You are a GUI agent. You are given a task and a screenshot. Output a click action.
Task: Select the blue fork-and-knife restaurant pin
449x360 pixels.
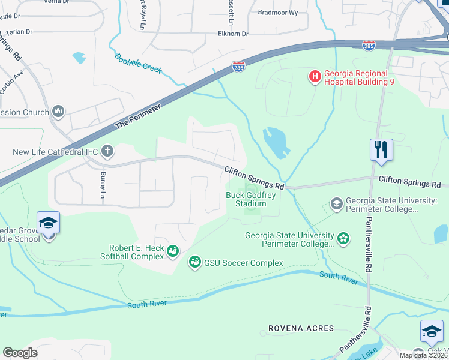click(x=381, y=150)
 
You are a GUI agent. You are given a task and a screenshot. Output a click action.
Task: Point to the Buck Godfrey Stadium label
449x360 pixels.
click(x=246, y=199)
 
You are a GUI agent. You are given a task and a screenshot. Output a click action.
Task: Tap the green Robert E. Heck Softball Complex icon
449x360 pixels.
click(x=173, y=251)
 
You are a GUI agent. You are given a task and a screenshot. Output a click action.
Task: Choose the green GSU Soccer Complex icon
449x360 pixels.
click(x=194, y=262)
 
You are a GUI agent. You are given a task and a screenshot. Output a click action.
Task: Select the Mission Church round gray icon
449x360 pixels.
click(x=58, y=111)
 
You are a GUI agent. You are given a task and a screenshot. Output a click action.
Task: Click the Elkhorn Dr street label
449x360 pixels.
click(x=233, y=34)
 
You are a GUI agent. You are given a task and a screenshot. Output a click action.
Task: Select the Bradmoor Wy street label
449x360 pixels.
click(x=277, y=12)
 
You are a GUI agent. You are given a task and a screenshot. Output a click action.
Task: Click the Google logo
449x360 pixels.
click(x=20, y=352)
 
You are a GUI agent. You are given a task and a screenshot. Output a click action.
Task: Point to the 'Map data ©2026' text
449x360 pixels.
click(x=423, y=355)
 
